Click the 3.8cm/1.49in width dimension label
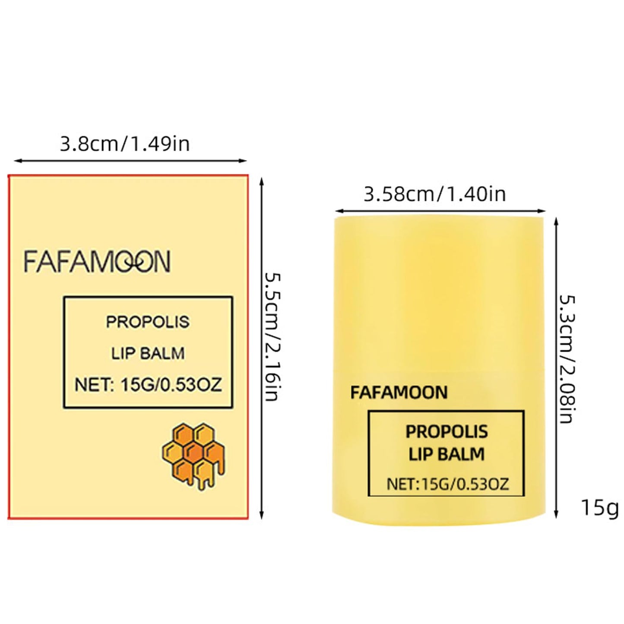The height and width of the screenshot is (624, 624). (125, 144)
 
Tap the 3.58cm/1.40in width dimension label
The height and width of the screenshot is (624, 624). (435, 195)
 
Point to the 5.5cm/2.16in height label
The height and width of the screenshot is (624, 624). (272, 337)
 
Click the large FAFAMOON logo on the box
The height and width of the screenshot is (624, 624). (97, 261)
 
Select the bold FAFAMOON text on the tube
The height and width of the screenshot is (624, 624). (399, 393)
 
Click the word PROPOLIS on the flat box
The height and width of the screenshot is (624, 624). (148, 322)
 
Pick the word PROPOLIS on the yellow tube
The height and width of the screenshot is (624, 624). (447, 432)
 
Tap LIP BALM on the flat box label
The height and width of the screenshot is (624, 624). (148, 353)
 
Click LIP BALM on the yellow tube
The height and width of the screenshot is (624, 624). (447, 454)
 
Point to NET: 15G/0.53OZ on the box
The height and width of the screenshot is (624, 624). (148, 385)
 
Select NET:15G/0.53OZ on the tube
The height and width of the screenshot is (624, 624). (448, 484)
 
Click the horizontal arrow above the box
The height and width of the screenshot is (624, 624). (130, 160)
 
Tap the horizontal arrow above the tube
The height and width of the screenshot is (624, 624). (440, 211)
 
